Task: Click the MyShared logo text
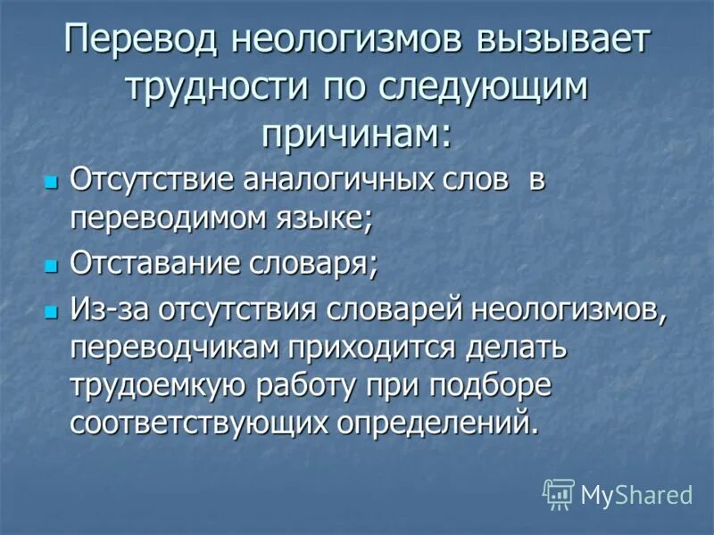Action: point(636,494)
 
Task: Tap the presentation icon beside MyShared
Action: point(560,493)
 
